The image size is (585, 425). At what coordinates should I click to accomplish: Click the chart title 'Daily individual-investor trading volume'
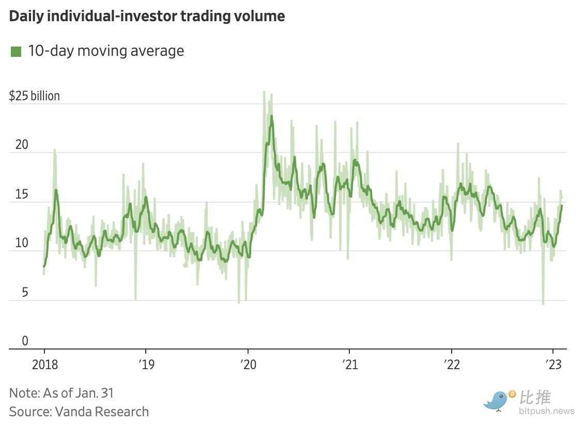click(147, 17)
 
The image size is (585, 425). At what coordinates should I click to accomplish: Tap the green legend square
click(16, 52)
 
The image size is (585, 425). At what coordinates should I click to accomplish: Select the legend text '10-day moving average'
click(106, 51)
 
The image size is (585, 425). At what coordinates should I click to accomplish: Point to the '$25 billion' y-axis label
click(35, 96)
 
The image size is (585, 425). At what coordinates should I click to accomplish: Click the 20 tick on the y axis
click(22, 145)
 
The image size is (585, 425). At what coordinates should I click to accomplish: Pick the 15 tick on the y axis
click(21, 194)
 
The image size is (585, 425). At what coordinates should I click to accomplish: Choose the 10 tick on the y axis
click(21, 243)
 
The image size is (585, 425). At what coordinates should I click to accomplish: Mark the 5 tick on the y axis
click(25, 293)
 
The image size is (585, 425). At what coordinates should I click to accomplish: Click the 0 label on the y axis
click(25, 341)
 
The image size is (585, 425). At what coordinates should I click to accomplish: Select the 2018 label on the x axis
click(44, 365)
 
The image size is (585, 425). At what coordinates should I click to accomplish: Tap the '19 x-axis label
click(146, 365)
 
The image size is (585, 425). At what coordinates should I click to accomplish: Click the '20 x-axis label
click(248, 365)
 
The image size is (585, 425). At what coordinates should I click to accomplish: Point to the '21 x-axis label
click(350, 365)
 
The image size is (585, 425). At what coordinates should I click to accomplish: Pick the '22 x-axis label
click(452, 365)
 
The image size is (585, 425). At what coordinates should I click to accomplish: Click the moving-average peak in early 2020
click(271, 117)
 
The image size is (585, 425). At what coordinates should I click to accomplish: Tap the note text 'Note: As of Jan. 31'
click(61, 393)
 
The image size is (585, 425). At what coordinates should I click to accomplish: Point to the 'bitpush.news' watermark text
click(547, 412)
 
